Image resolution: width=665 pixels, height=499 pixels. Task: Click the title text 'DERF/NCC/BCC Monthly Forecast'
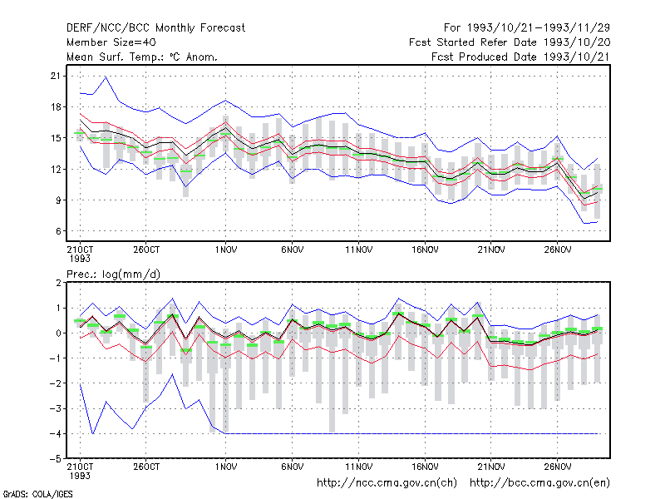(155, 28)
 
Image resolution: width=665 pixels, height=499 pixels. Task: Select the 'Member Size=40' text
(111, 42)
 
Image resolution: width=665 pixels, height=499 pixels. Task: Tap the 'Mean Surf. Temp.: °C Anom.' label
(142, 57)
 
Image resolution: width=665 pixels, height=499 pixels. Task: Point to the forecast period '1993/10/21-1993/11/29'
(538, 28)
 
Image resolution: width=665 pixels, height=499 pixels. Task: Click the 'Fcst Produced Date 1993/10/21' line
(520, 57)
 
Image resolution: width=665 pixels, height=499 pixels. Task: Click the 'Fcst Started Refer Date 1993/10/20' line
(510, 42)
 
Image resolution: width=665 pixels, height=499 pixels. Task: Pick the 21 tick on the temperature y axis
(56, 76)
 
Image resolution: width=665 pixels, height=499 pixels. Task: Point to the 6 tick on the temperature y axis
(58, 231)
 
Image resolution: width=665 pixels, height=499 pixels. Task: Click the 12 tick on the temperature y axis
(56, 170)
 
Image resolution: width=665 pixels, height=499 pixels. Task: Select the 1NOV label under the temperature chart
(225, 250)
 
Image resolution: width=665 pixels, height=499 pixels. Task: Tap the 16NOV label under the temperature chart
(425, 250)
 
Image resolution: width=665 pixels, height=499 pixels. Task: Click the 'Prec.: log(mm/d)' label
(113, 274)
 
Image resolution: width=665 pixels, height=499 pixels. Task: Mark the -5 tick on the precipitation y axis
(56, 459)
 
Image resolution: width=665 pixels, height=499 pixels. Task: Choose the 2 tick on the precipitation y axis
(58, 283)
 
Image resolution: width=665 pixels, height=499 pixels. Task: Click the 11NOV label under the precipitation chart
(359, 467)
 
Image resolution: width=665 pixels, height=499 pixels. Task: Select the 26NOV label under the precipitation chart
(558, 467)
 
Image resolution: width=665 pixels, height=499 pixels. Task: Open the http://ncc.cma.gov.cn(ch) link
(387, 483)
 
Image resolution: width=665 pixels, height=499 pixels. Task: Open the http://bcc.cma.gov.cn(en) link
(539, 483)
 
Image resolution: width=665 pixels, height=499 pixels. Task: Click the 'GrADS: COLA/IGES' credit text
(37, 494)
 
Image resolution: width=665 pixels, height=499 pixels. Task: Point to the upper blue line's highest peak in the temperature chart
(106, 77)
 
